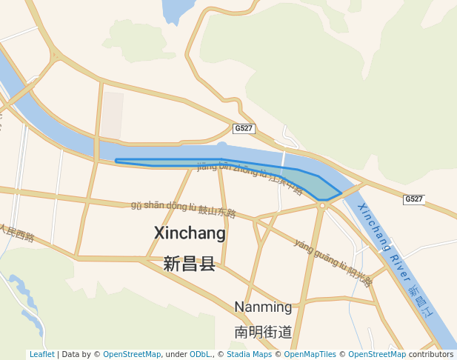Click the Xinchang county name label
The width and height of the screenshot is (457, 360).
pos(190,233)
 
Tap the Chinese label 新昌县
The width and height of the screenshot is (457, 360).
pos(189,264)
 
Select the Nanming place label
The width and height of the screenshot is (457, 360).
pos(263,307)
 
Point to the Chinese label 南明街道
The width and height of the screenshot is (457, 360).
pos(263,332)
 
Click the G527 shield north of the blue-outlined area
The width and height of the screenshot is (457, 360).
pos(243,128)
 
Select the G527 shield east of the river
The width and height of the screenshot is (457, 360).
pos(414,199)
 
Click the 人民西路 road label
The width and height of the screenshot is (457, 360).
pos(17,233)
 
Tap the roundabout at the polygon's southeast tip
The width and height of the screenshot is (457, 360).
pos(322,206)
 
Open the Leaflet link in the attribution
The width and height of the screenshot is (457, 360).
pos(42,355)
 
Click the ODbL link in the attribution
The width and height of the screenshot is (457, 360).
pos(200,355)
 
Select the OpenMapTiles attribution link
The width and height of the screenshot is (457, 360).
pos(307,355)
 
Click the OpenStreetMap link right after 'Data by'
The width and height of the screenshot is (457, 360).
pos(132,355)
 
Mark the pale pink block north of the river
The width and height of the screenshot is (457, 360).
pos(112,115)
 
